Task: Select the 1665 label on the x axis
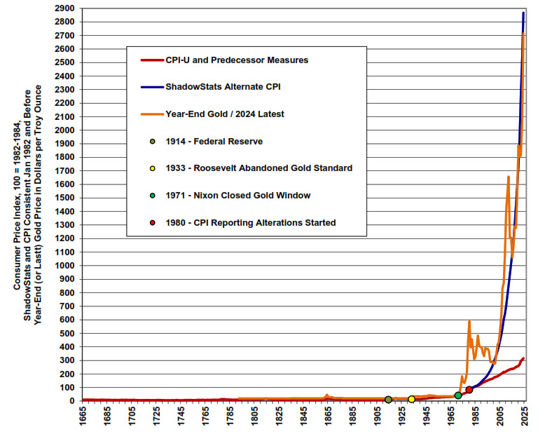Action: point(83,421)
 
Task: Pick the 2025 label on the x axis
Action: point(525,421)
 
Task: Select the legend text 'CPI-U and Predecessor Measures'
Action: point(237,60)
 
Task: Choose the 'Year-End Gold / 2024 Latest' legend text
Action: point(225,114)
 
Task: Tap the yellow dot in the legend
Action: point(152,168)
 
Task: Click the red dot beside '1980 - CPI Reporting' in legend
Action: point(152,223)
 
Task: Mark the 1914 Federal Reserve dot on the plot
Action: point(388,400)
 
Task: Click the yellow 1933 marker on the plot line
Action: point(411,400)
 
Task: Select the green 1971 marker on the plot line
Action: point(458,396)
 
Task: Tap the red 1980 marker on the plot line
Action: point(469,390)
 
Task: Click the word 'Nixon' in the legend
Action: point(211,196)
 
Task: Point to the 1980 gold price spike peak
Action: point(469,321)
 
